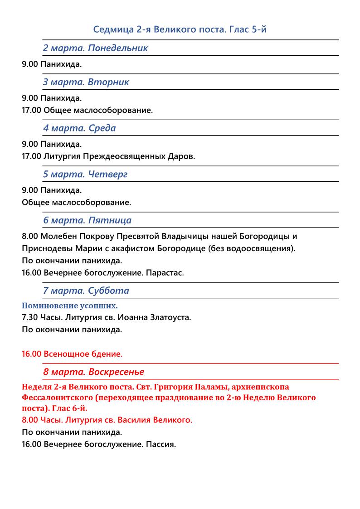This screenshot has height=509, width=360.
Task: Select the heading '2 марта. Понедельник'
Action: click(x=95, y=48)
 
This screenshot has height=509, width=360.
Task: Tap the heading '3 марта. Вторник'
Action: click(x=86, y=82)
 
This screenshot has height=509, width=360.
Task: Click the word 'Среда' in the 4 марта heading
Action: click(x=102, y=128)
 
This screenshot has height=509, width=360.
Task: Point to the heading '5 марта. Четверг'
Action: click(x=85, y=175)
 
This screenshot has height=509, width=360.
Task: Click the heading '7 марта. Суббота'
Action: click(x=86, y=291)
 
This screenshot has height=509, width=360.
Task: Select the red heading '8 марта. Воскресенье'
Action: click(x=93, y=372)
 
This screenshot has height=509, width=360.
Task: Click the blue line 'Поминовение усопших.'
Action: click(x=70, y=306)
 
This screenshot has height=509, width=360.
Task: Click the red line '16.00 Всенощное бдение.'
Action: click(x=72, y=354)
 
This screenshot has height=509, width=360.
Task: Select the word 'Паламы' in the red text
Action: click(x=214, y=387)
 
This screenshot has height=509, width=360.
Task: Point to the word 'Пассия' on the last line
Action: click(x=161, y=444)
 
